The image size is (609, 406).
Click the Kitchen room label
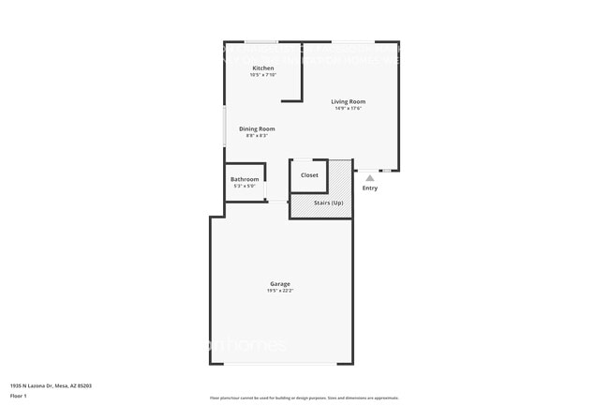coord(262,68)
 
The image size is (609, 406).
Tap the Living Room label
coord(348,101)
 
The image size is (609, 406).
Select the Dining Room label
coord(257,128)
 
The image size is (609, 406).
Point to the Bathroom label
coord(245,179)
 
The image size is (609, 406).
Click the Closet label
coord(309,175)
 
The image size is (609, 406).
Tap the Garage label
coord(280,283)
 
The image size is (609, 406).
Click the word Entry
coord(370,188)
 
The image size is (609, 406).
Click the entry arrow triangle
coord(370,177)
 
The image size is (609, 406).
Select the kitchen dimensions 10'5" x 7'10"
coord(262,75)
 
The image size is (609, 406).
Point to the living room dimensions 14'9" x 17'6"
coord(348,108)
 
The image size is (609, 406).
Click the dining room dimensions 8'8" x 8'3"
coord(257,136)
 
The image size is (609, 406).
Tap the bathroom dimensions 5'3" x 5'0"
coord(245,186)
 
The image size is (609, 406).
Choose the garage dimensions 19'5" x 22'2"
coord(280,291)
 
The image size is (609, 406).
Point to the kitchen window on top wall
coord(261,41)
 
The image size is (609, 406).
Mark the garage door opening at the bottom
coord(281,364)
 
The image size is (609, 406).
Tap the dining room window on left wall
coord(223,127)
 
